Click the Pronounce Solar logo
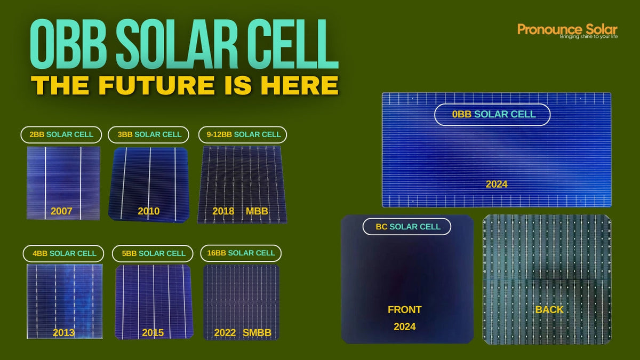pyautogui.click(x=567, y=31)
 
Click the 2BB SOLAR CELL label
pyautogui.click(x=61, y=134)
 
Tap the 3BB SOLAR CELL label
pyautogui.click(x=149, y=134)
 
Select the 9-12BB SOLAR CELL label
pyautogui.click(x=243, y=134)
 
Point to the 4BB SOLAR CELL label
pyautogui.click(x=64, y=253)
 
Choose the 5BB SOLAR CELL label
pyautogui.click(x=153, y=253)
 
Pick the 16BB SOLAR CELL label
pyautogui.click(x=241, y=253)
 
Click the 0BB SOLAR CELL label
pyautogui.click(x=492, y=114)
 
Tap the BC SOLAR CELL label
pyautogui.click(x=406, y=227)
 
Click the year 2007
pyautogui.click(x=61, y=211)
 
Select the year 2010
pyautogui.click(x=148, y=211)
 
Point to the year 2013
pyautogui.click(x=63, y=333)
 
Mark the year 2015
pyautogui.click(x=153, y=333)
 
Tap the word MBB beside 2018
pyautogui.click(x=257, y=211)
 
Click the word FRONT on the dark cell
pyautogui.click(x=404, y=309)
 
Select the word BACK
pyautogui.click(x=549, y=309)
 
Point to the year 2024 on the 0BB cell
pyautogui.click(x=496, y=185)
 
